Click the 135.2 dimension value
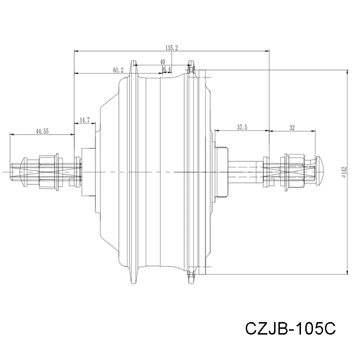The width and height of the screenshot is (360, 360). [171, 48]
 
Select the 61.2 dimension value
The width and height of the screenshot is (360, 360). [118, 70]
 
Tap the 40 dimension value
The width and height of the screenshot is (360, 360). [162, 62]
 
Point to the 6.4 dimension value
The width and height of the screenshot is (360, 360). [167, 70]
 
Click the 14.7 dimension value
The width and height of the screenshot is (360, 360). [85, 120]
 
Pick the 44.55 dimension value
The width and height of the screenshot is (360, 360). [42, 131]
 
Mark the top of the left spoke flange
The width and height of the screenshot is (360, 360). [134, 63]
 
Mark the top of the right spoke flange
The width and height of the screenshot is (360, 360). [192, 63]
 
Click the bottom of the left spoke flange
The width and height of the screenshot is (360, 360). [134, 279]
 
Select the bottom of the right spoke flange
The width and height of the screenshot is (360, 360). [192, 279]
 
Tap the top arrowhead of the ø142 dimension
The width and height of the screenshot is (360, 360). [347, 71]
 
